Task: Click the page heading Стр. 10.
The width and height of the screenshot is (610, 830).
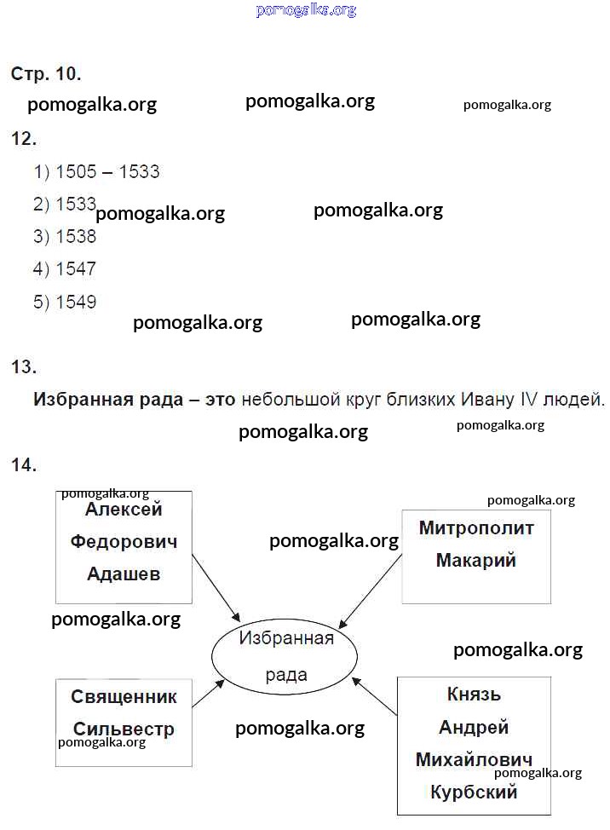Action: (46, 74)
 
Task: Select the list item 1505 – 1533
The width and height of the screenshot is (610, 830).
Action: (96, 172)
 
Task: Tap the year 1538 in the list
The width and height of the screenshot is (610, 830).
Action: (76, 237)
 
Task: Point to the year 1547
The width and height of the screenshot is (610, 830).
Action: (76, 269)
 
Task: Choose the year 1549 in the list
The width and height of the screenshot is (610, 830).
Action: (76, 302)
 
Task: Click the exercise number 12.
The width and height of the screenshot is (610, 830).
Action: (23, 138)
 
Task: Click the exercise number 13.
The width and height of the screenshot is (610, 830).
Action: (23, 367)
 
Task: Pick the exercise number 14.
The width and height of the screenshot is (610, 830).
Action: (23, 464)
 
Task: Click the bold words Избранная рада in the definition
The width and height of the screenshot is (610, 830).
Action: (107, 399)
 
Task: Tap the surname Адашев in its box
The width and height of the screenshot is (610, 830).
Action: (124, 574)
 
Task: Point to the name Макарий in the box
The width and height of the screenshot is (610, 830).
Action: (475, 561)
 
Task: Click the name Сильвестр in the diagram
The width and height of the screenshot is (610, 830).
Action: (124, 729)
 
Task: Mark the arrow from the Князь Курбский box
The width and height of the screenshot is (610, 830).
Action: (375, 695)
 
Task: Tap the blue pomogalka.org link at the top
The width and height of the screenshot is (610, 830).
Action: (305, 10)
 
